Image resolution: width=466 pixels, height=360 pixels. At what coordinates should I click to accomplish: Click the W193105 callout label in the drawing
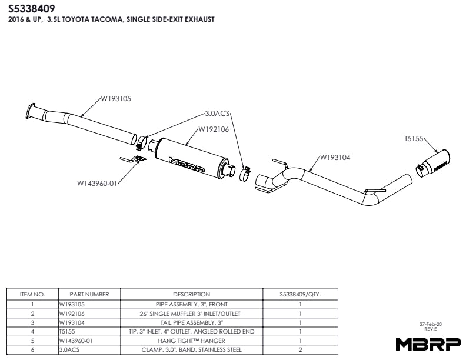click(x=116, y=99)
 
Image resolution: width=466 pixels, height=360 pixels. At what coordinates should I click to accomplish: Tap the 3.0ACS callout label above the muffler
click(x=217, y=114)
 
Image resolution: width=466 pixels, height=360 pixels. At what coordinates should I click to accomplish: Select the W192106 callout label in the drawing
click(x=214, y=129)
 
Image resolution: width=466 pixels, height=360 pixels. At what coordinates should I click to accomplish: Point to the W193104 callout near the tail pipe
click(x=335, y=158)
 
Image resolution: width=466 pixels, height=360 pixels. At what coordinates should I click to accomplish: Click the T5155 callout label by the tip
click(x=414, y=139)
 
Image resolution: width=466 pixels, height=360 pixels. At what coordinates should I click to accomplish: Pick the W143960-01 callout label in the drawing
click(x=97, y=184)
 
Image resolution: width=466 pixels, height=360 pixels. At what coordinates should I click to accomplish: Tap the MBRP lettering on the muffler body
click(x=187, y=165)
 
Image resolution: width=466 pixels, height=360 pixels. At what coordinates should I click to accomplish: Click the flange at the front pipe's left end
click(x=30, y=111)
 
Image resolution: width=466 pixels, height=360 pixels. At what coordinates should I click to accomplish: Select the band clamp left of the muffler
click(x=141, y=142)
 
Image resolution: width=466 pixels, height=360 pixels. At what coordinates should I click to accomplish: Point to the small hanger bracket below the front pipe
click(x=133, y=159)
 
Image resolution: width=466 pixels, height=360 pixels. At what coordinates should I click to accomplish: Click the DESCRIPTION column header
click(x=191, y=294)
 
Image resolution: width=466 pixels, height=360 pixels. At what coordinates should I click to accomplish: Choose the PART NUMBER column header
click(x=89, y=294)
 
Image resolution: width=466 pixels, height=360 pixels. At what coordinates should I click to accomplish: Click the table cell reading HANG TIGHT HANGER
click(x=191, y=341)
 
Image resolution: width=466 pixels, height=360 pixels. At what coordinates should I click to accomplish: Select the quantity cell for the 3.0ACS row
click(x=300, y=349)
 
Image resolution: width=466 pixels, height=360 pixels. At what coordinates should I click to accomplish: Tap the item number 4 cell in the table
click(x=32, y=332)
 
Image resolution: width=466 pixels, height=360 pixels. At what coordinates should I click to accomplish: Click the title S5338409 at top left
click(x=31, y=9)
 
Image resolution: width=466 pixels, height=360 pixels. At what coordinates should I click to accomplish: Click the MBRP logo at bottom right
click(x=428, y=344)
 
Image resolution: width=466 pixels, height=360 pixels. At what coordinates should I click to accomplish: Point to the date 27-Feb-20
click(x=431, y=324)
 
